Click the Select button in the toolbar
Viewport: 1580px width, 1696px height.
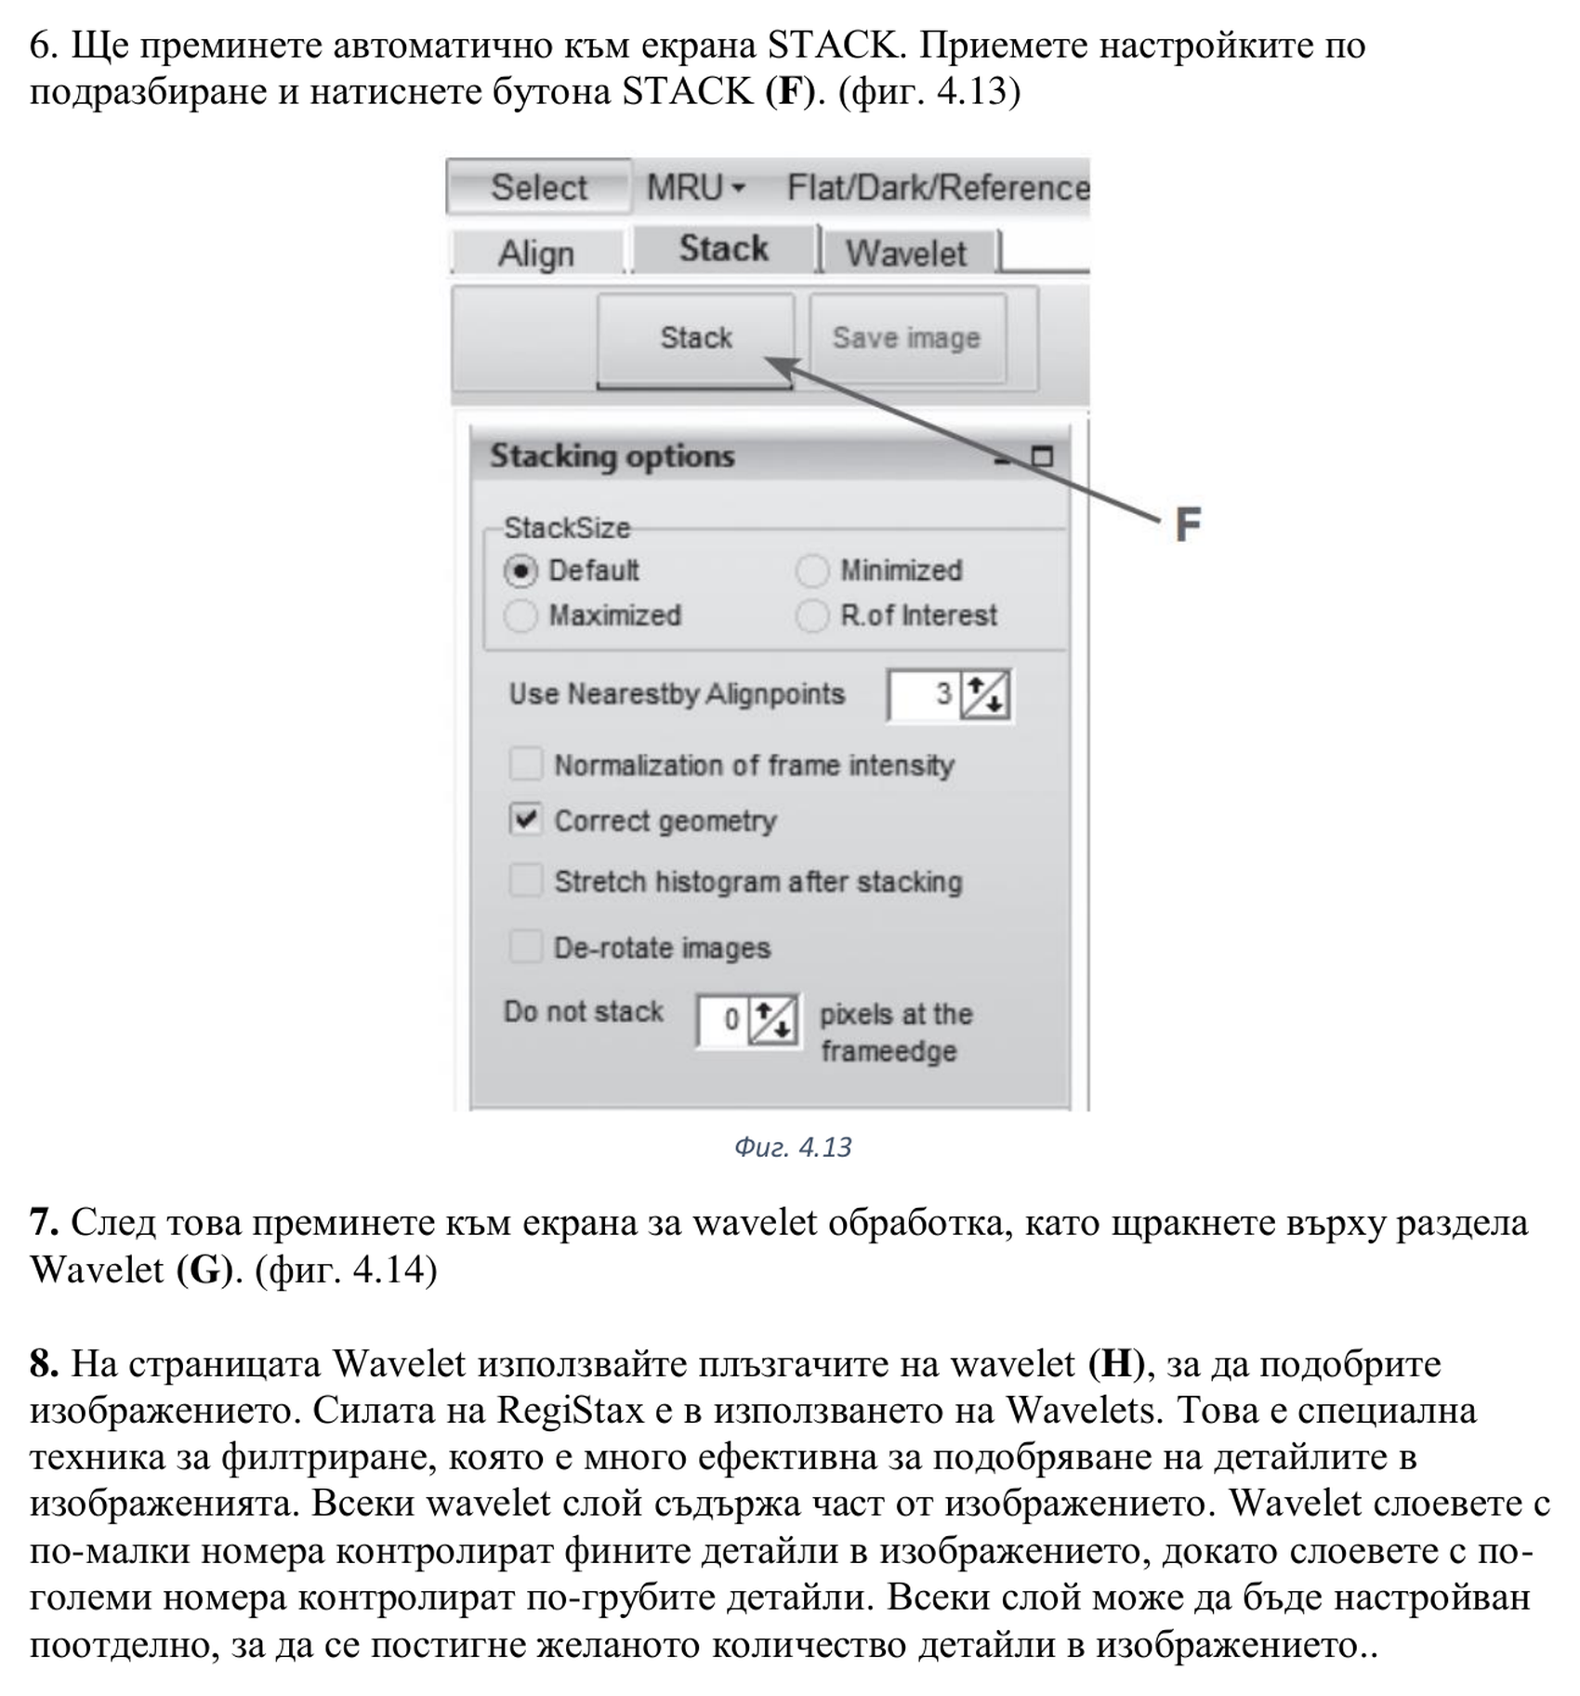539,188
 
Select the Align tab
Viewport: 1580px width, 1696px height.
536,254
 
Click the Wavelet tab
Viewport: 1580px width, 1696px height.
906,254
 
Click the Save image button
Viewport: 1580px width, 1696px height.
906,338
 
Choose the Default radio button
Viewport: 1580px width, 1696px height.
520,571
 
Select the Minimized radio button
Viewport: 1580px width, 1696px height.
812,571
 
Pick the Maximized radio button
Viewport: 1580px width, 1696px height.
520,615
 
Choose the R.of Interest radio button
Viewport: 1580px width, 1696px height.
812,615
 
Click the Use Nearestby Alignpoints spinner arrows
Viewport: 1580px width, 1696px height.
985,695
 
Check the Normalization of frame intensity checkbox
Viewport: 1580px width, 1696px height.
526,765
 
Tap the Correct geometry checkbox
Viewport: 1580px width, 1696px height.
526,820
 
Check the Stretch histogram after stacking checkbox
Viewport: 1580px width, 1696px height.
526,880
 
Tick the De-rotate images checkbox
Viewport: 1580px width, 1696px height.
526,947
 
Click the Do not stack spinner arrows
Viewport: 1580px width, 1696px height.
773,1020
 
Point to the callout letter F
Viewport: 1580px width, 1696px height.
1188,525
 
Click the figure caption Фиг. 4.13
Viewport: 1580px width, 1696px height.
793,1148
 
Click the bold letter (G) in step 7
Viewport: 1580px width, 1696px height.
204,1269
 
